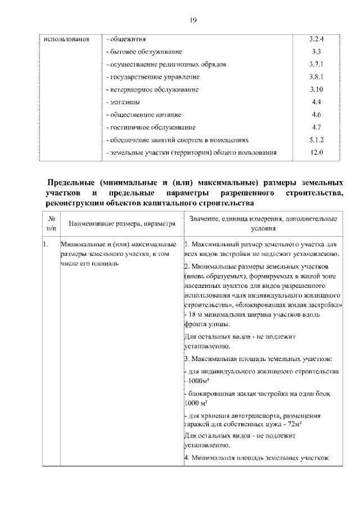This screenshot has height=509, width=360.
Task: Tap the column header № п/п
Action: tap(51, 224)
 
